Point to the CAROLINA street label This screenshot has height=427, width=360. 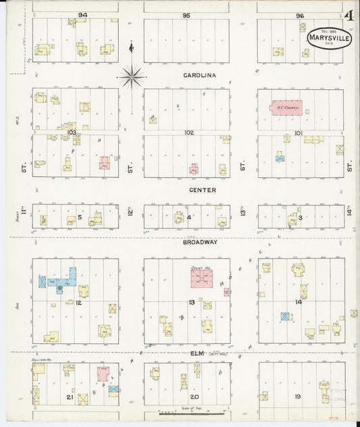199,76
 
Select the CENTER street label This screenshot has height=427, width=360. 202,190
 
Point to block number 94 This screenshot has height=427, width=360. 83,14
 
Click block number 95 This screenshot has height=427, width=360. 186,14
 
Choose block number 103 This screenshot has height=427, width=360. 71,132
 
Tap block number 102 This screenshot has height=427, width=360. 188,132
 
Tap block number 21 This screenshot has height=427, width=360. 70,397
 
